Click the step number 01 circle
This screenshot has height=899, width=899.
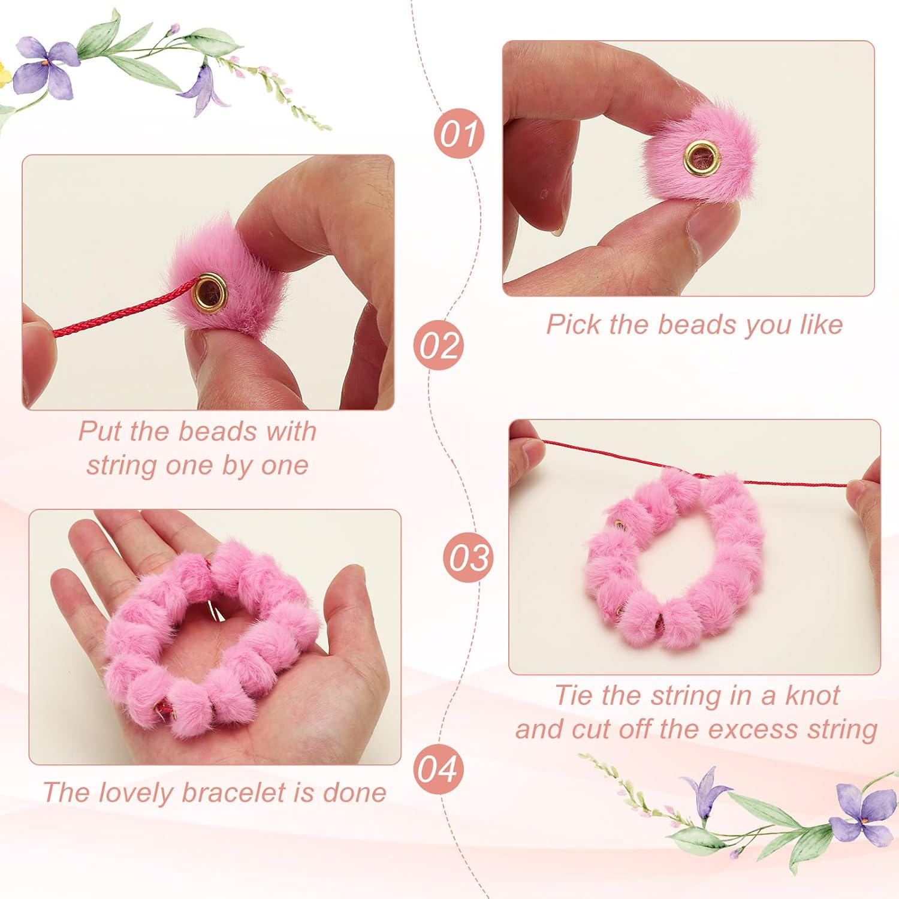pos(458,133)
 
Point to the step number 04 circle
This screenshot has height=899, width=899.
pos(439,769)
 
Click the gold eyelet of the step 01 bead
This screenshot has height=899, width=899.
pos(699,156)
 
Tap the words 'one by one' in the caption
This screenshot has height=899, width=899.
pos(237,466)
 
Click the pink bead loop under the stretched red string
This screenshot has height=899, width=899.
pos(674,557)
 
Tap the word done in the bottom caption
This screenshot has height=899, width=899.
pos(355,792)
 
